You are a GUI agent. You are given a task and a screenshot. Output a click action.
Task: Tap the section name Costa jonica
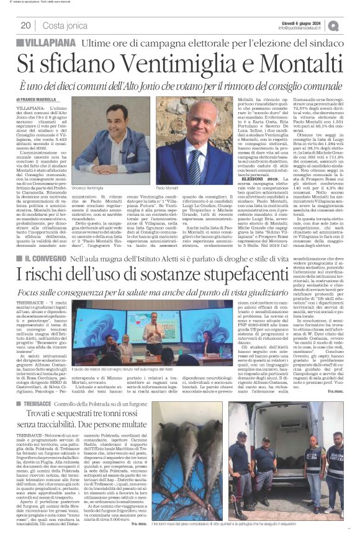[x=66, y=25]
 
